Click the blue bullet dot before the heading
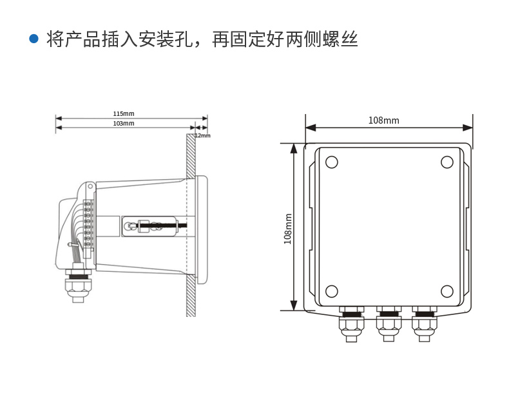click(34, 39)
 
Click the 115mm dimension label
click(124, 113)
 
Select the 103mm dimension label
click(124, 123)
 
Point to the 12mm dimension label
click(202, 135)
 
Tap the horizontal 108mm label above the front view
click(383, 120)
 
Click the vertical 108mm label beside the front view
click(288, 229)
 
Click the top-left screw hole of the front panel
click(331, 162)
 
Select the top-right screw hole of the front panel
click(447, 162)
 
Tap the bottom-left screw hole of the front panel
click(331, 291)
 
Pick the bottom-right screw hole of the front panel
click(447, 291)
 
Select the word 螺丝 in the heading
click(341, 39)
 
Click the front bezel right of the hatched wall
click(202, 229)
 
